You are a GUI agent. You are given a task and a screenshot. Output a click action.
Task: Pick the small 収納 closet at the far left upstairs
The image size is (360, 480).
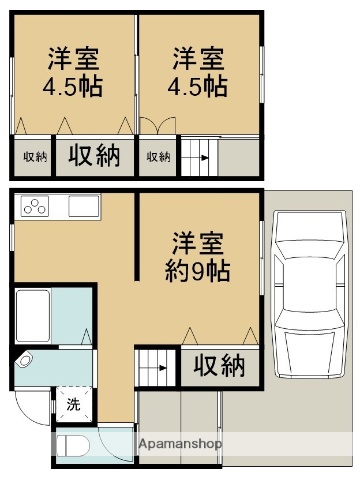[34, 157]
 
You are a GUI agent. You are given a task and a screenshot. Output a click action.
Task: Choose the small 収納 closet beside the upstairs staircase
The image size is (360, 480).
[158, 157]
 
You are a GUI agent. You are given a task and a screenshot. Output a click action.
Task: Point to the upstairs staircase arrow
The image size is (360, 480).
[196, 157]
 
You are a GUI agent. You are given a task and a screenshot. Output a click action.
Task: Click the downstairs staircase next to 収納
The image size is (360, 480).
[156, 366]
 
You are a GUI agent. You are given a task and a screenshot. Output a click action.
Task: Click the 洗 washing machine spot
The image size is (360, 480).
[73, 405]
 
